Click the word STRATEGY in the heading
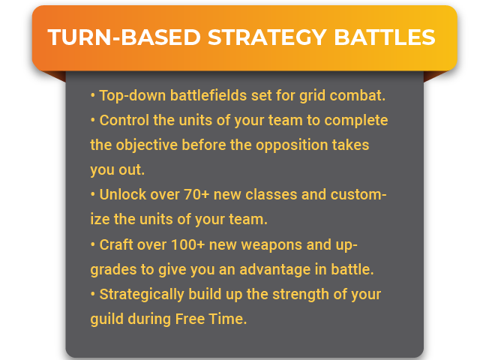[x=267, y=37]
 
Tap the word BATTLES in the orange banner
[x=385, y=37]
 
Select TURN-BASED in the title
[x=124, y=37]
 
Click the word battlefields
[x=208, y=95]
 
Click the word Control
[x=124, y=120]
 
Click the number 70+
[x=196, y=194]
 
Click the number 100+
[x=187, y=244]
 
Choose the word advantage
[x=275, y=270]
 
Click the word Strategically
[x=142, y=295]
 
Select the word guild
[x=106, y=319]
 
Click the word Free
[x=190, y=319]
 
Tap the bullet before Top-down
[x=93, y=95]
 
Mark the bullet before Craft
[x=93, y=245]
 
